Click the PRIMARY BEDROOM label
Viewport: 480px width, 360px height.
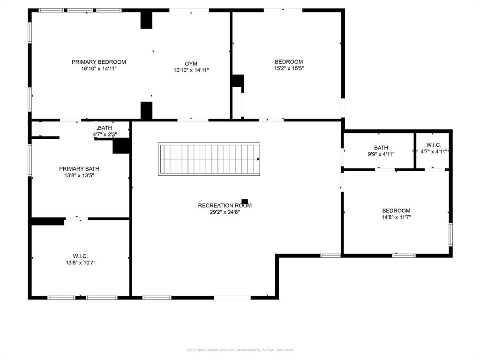pos(98,62)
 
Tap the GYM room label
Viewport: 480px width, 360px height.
pos(191,64)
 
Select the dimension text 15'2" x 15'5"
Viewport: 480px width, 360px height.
pos(289,68)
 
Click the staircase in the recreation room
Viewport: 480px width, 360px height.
pos(210,159)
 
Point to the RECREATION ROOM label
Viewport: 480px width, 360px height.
pos(225,205)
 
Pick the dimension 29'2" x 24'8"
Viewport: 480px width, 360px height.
pos(225,212)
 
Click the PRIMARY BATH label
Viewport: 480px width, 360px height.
pos(79,169)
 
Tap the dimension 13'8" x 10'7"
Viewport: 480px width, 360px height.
pos(80,262)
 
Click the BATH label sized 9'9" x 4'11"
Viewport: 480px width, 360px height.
pos(381,148)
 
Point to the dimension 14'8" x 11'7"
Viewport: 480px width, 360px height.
pos(396,217)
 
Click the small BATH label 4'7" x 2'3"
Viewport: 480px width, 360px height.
pos(105,128)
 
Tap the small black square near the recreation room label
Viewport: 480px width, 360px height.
pos(245,201)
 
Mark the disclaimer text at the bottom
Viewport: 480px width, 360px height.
pos(240,350)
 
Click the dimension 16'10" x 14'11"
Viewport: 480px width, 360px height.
pos(98,69)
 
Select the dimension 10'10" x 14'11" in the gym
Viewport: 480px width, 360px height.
pos(191,70)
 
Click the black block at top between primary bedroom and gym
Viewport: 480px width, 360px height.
pos(147,20)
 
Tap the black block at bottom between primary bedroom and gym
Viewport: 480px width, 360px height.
pos(147,110)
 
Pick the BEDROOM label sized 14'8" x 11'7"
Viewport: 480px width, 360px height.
pos(396,211)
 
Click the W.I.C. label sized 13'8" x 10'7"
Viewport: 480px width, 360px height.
pos(80,256)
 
